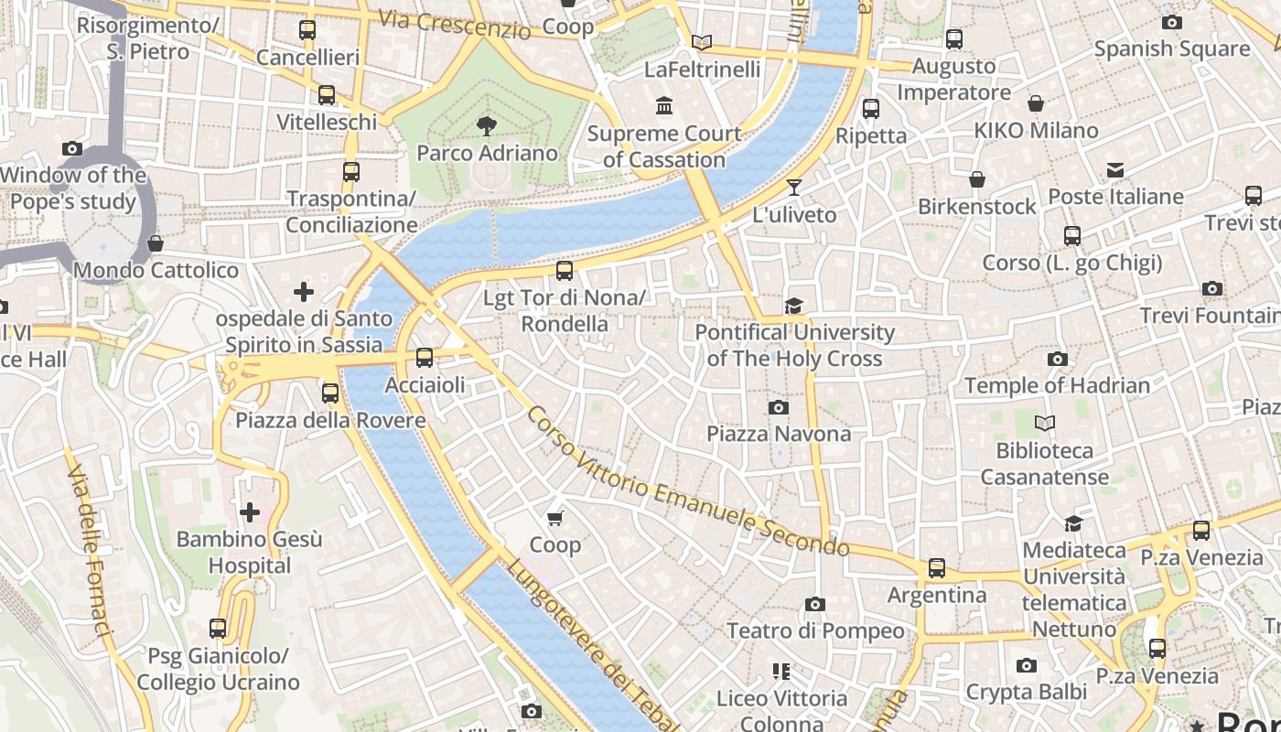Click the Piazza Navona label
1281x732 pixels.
tap(779, 434)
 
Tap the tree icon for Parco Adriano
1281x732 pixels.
tap(487, 126)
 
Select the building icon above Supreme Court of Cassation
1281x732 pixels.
tap(664, 106)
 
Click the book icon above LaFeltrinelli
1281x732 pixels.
tap(702, 42)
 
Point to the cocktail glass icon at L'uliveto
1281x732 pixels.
tap(793, 188)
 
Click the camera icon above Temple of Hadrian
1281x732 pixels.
tap(1057, 359)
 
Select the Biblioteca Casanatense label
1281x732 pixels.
tap(1045, 464)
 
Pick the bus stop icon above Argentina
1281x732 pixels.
tap(937, 568)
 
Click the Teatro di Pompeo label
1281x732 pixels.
tap(815, 630)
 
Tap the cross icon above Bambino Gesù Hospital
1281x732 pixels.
tap(249, 512)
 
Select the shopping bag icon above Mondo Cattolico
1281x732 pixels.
tap(156, 243)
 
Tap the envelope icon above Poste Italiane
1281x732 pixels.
tap(1115, 170)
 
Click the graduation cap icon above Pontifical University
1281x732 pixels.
tap(793, 306)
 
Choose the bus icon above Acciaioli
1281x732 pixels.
tap(425, 358)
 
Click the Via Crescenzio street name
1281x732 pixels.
tap(454, 24)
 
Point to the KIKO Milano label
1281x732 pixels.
tap(1036, 131)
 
